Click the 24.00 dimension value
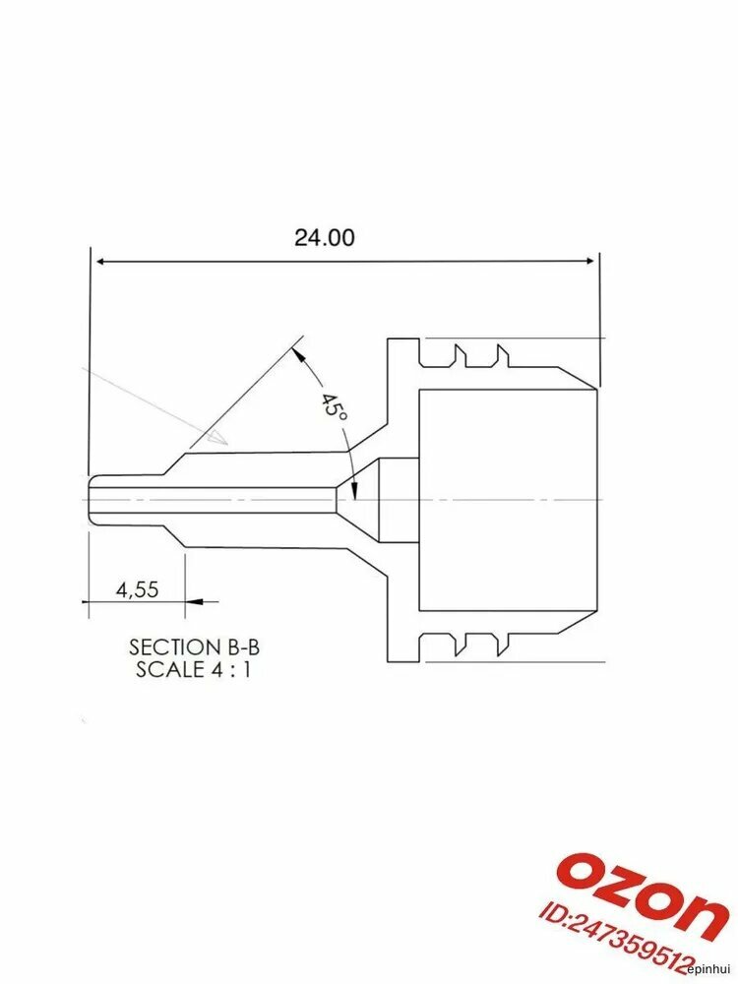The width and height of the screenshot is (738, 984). [x=325, y=238]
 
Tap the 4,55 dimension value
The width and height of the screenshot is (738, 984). [x=138, y=589]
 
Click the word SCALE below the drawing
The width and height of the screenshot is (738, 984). [x=170, y=669]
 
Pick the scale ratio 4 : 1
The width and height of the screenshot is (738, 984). [x=231, y=669]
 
